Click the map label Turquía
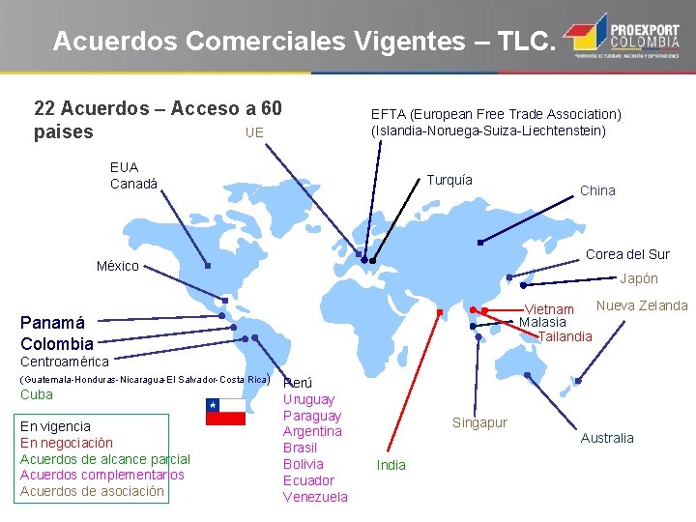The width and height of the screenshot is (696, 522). [x=449, y=181]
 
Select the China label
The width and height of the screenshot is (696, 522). [x=597, y=190]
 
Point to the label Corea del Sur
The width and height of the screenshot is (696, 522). [x=627, y=254]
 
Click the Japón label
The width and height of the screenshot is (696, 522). [x=638, y=278]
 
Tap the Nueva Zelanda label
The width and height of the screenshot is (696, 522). [x=642, y=305]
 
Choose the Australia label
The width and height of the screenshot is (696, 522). [x=607, y=438]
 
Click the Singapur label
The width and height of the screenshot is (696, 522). [x=480, y=422]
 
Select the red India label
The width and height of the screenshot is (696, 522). [x=391, y=465]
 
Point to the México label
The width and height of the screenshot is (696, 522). [x=118, y=266]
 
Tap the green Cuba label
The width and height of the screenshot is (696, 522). [x=37, y=394]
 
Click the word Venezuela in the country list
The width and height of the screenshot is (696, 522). [x=315, y=497]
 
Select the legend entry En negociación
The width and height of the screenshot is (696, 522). [x=67, y=443]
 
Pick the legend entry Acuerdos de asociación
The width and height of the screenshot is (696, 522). [x=93, y=492]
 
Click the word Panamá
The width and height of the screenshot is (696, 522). [x=53, y=323]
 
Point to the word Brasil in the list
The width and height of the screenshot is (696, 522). [x=300, y=448]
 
